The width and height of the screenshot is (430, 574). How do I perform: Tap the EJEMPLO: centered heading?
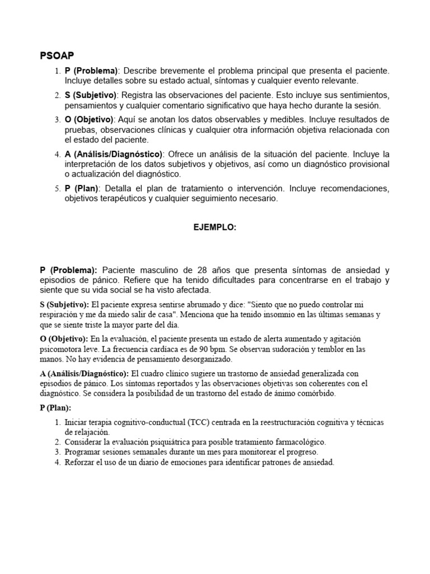[214, 228]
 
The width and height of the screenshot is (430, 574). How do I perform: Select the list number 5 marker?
[57, 189]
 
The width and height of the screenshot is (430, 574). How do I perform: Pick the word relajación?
[87, 432]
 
